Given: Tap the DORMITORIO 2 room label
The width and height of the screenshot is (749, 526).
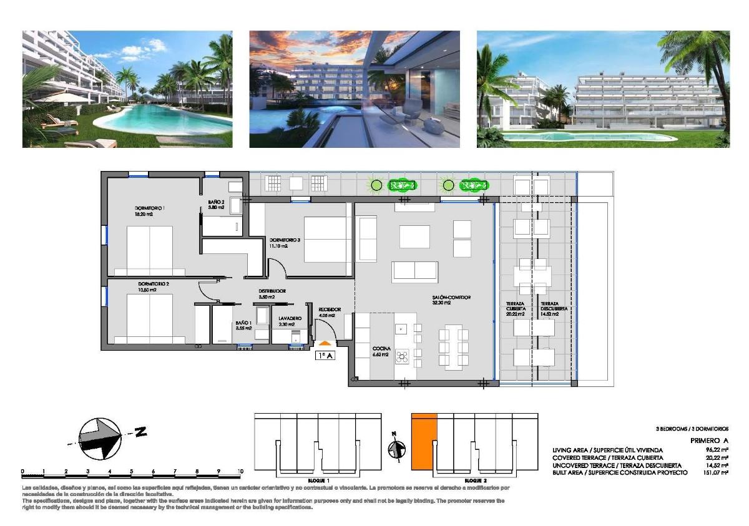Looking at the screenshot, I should (x=154, y=284).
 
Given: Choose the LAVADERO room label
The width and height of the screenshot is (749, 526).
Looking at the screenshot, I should (x=290, y=318).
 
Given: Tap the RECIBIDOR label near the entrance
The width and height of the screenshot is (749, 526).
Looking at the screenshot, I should (x=330, y=309).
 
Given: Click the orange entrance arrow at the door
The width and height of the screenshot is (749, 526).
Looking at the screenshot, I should (x=325, y=343).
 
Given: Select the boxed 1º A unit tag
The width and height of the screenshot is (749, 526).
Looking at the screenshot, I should (x=325, y=356).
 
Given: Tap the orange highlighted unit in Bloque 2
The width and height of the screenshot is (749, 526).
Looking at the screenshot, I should (x=423, y=441).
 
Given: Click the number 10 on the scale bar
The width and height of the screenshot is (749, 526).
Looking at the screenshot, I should (x=240, y=472).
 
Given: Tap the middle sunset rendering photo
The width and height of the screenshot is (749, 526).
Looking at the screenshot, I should (x=355, y=89).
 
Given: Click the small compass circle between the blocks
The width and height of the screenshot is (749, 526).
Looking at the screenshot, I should (x=394, y=449).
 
